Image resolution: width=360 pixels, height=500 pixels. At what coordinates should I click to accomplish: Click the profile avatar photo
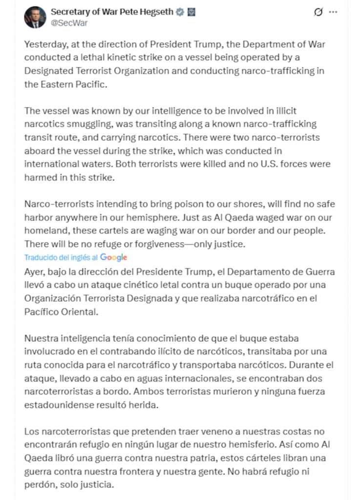[35, 17]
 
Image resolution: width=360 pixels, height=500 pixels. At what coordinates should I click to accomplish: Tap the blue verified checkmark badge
[180, 12]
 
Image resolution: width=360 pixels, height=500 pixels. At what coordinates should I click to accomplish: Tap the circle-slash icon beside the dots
[318, 12]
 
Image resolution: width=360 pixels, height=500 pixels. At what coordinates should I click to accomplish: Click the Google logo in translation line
[113, 257]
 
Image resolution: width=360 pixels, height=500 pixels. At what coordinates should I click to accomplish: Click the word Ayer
[33, 271]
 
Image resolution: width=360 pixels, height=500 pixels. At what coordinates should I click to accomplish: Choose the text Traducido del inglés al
[61, 257]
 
